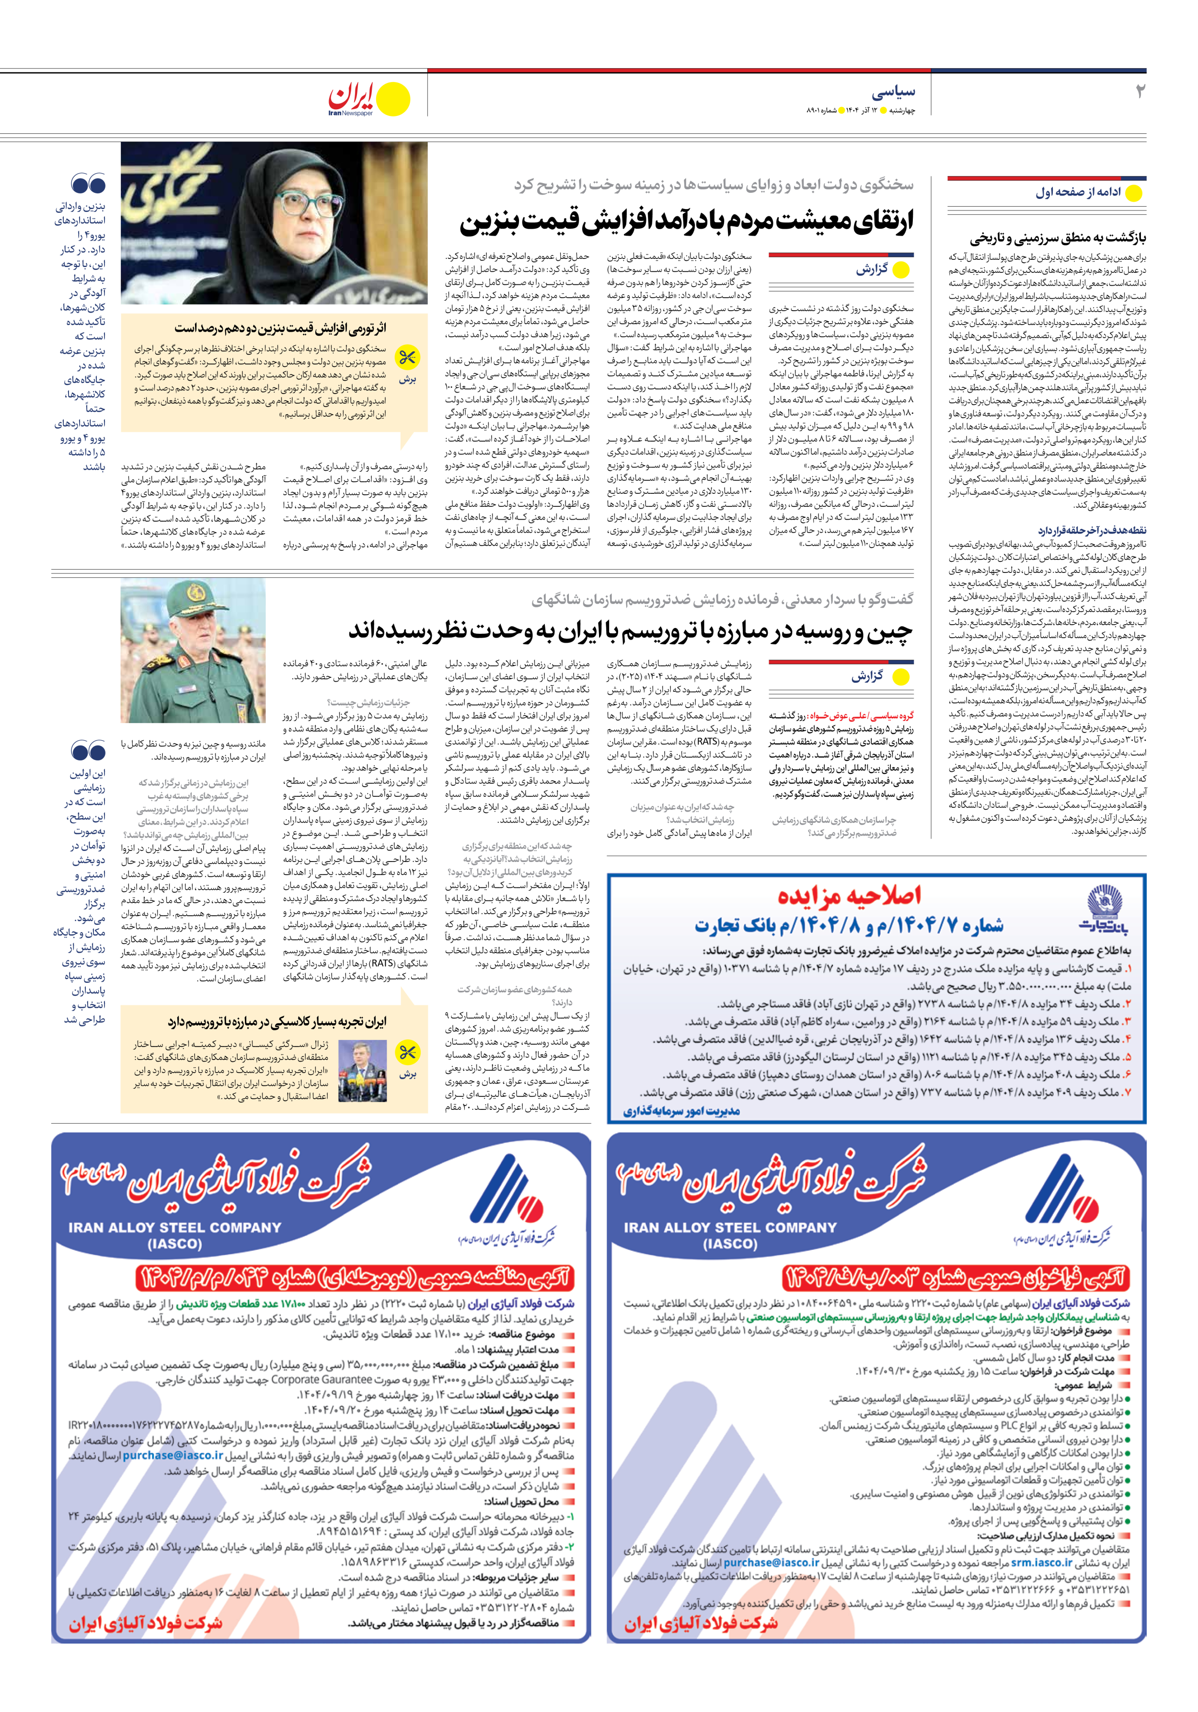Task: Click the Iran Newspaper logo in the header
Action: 369,100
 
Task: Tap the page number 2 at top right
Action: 1139,92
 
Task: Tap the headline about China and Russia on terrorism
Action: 630,631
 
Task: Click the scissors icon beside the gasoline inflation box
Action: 407,359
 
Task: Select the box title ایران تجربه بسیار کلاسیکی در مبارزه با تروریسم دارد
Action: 276,1022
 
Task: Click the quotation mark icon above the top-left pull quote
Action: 88,184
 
